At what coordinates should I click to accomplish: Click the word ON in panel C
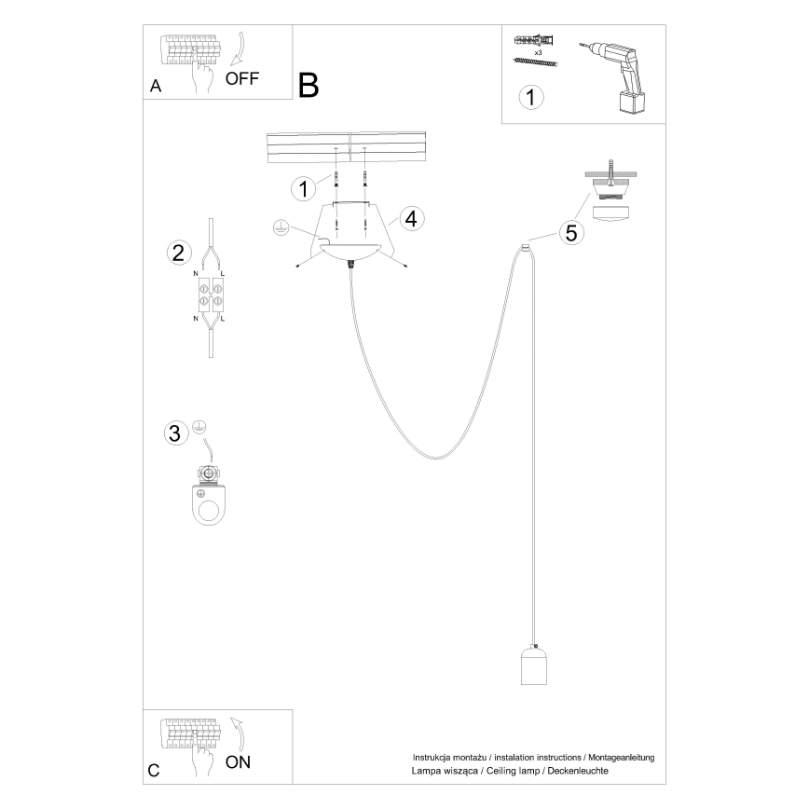(x=238, y=762)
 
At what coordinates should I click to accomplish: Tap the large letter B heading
(x=309, y=85)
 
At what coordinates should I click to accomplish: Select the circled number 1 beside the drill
(x=530, y=97)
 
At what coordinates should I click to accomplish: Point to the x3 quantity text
(x=539, y=53)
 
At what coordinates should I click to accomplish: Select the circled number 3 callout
(x=173, y=433)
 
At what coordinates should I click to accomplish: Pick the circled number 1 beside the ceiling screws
(x=301, y=189)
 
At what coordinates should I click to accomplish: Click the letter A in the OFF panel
(x=156, y=87)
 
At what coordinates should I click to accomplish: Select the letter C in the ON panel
(x=154, y=771)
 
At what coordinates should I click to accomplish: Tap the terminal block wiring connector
(x=210, y=295)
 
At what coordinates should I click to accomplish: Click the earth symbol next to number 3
(x=198, y=427)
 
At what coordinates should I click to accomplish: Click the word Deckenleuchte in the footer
(x=580, y=772)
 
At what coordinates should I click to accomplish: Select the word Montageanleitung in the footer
(x=620, y=758)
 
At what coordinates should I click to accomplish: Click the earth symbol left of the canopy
(x=279, y=226)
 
